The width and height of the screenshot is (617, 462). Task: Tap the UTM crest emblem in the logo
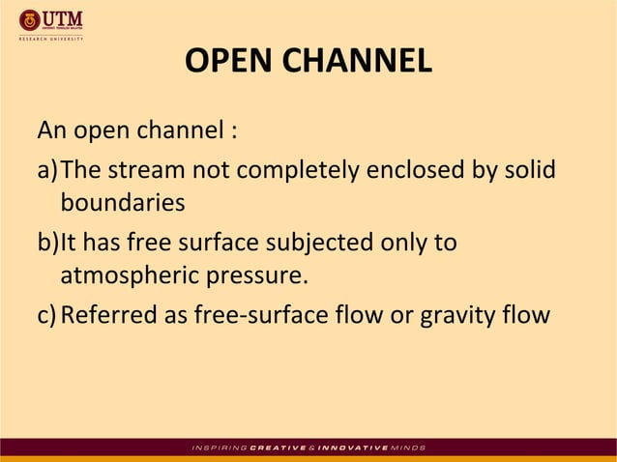[28, 19]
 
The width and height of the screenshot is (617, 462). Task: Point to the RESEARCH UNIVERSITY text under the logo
[50, 39]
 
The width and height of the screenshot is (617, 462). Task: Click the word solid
[529, 171]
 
